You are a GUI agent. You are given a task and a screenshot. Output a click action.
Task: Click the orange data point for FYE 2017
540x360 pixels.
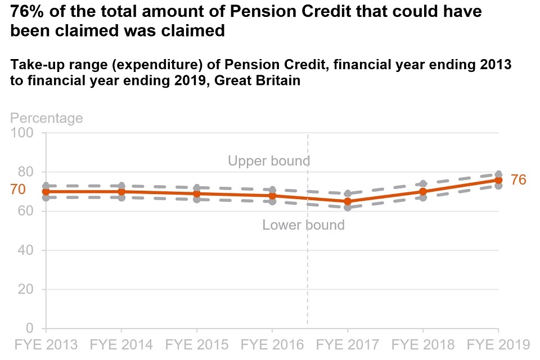[348, 201]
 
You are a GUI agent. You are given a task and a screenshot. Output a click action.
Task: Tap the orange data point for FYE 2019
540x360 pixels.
[498, 180]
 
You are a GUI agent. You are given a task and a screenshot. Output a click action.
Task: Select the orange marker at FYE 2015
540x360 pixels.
[196, 193]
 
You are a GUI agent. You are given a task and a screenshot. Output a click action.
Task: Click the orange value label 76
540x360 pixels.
[518, 180]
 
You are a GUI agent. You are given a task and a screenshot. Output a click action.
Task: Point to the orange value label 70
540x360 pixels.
[18, 190]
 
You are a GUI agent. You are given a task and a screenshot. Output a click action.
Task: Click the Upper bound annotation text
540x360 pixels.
[269, 161]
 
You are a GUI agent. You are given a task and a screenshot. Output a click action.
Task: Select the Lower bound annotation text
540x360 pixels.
[303, 226]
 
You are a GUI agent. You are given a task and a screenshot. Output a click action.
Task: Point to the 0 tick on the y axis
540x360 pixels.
[29, 328]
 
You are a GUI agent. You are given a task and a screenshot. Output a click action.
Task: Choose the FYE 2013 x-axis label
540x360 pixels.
[46, 344]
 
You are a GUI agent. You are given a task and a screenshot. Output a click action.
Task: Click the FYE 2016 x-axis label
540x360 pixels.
[272, 344]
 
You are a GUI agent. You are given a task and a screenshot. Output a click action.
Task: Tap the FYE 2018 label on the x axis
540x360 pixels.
[423, 344]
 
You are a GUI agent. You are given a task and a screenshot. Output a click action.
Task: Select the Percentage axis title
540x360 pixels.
[47, 118]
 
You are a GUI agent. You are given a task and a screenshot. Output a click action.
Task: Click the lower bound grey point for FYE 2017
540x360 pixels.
[348, 208]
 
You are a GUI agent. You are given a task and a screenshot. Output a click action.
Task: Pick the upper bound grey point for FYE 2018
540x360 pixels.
[423, 184]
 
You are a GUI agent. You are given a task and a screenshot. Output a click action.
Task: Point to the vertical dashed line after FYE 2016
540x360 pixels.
[308, 270]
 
